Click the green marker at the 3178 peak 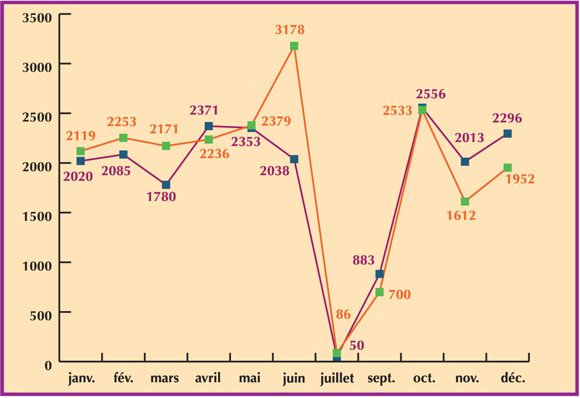(x=294, y=46)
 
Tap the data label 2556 (x=430, y=94)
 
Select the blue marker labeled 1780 (x=166, y=185)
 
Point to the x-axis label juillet (x=337, y=379)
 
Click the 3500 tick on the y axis (x=37, y=16)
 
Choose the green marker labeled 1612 (x=465, y=202)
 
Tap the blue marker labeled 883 (x=379, y=274)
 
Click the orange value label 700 (x=399, y=295)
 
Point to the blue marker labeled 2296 (x=507, y=134)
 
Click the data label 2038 (x=275, y=171)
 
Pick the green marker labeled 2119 (x=81, y=151)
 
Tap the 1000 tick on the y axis (x=37, y=264)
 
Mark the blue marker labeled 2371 (x=209, y=126)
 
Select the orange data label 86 (x=343, y=315)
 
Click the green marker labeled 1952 (x=507, y=168)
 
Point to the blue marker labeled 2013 (x=465, y=162)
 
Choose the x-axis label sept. (x=381, y=379)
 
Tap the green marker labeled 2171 (x=166, y=146)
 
